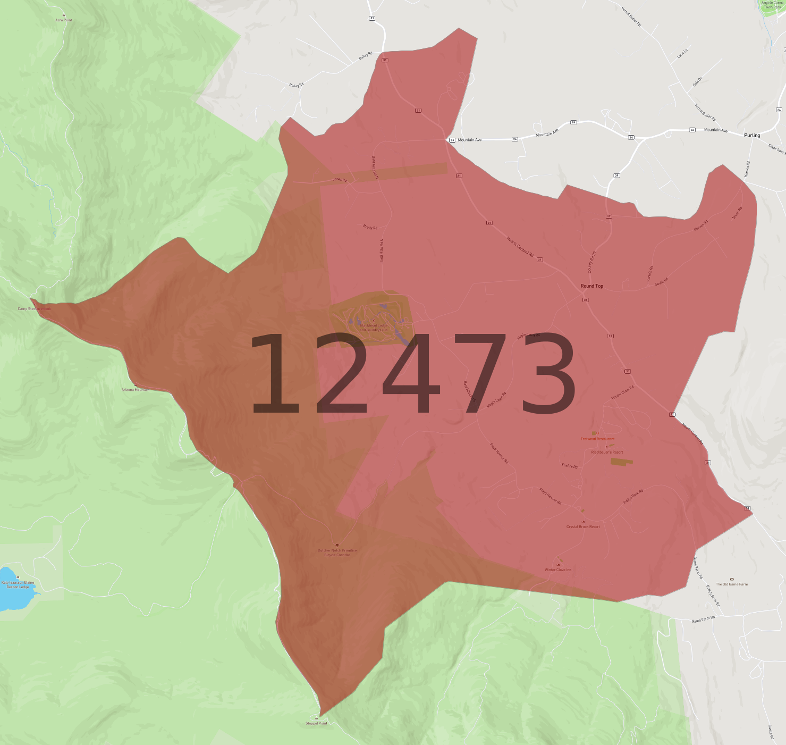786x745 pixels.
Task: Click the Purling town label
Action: click(x=751, y=135)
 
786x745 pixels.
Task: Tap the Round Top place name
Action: click(x=591, y=286)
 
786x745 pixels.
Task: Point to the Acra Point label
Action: click(x=64, y=20)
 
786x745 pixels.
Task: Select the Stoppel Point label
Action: click(x=316, y=723)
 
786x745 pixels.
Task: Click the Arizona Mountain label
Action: click(x=136, y=390)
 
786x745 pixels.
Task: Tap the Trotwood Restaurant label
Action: click(x=597, y=439)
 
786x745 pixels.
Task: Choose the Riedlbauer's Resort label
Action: click(x=607, y=453)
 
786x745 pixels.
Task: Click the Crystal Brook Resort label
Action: click(x=583, y=527)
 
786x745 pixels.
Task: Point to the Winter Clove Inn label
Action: click(x=558, y=570)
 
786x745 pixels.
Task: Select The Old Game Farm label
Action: click(x=731, y=584)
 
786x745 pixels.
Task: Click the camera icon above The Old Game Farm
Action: click(x=732, y=579)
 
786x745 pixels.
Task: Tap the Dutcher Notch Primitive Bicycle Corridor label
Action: click(x=337, y=553)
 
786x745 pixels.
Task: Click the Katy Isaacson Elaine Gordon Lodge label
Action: click(x=18, y=584)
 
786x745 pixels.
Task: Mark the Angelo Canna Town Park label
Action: click(x=772, y=5)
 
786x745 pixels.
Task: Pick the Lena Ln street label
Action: click(x=682, y=53)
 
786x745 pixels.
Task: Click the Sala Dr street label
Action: click(x=697, y=82)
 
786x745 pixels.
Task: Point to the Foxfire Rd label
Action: click(x=570, y=466)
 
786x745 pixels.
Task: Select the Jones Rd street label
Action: click(x=340, y=180)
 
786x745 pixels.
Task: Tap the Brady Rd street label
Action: click(x=370, y=227)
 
